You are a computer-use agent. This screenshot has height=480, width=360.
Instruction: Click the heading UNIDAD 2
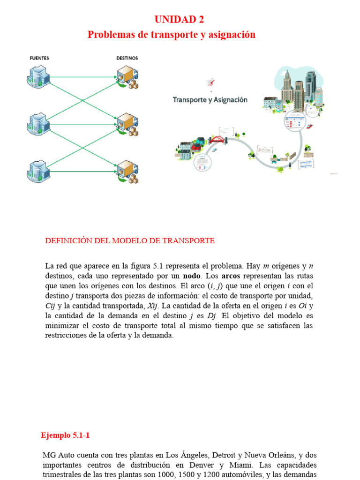click(180, 20)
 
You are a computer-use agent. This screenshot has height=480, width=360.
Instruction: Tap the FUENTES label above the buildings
click(39, 58)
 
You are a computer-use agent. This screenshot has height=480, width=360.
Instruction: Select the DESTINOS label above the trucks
click(127, 58)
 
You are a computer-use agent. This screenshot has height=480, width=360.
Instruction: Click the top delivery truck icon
click(127, 77)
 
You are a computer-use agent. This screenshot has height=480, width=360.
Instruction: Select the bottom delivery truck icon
click(127, 172)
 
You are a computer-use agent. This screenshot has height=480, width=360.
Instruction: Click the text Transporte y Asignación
click(210, 100)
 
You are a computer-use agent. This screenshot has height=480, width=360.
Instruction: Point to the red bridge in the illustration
click(217, 139)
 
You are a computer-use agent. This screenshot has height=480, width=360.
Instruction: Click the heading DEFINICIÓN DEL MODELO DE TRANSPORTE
click(130, 241)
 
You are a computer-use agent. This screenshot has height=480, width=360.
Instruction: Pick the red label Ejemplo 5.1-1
click(65, 435)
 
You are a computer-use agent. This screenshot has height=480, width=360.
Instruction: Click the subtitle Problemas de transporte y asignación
click(172, 35)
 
